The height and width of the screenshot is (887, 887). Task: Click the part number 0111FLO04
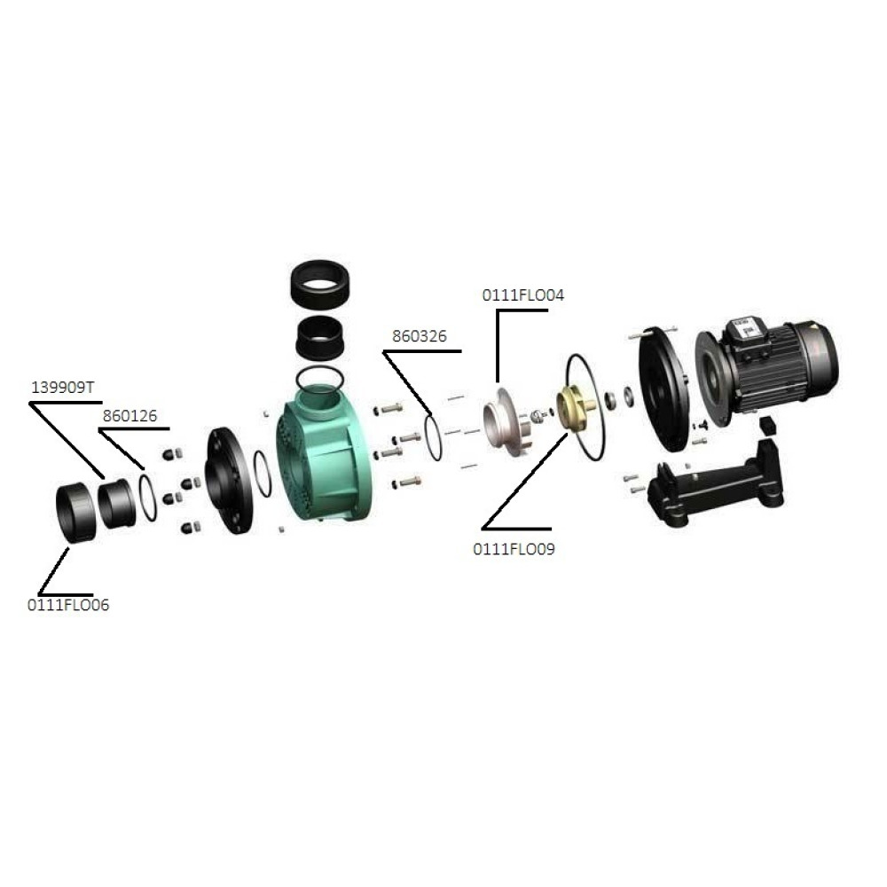point(522,295)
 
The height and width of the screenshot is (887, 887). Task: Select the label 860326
point(420,336)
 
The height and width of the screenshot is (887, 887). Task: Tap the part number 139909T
point(63,388)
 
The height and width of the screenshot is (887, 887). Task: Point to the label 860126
point(130,416)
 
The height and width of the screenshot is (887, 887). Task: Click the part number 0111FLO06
point(68,605)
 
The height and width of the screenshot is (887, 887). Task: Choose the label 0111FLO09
point(514,549)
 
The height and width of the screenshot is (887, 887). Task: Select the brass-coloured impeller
point(575,407)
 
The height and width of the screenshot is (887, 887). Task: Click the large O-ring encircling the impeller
point(585,407)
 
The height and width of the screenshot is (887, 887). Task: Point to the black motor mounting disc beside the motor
point(664,389)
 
